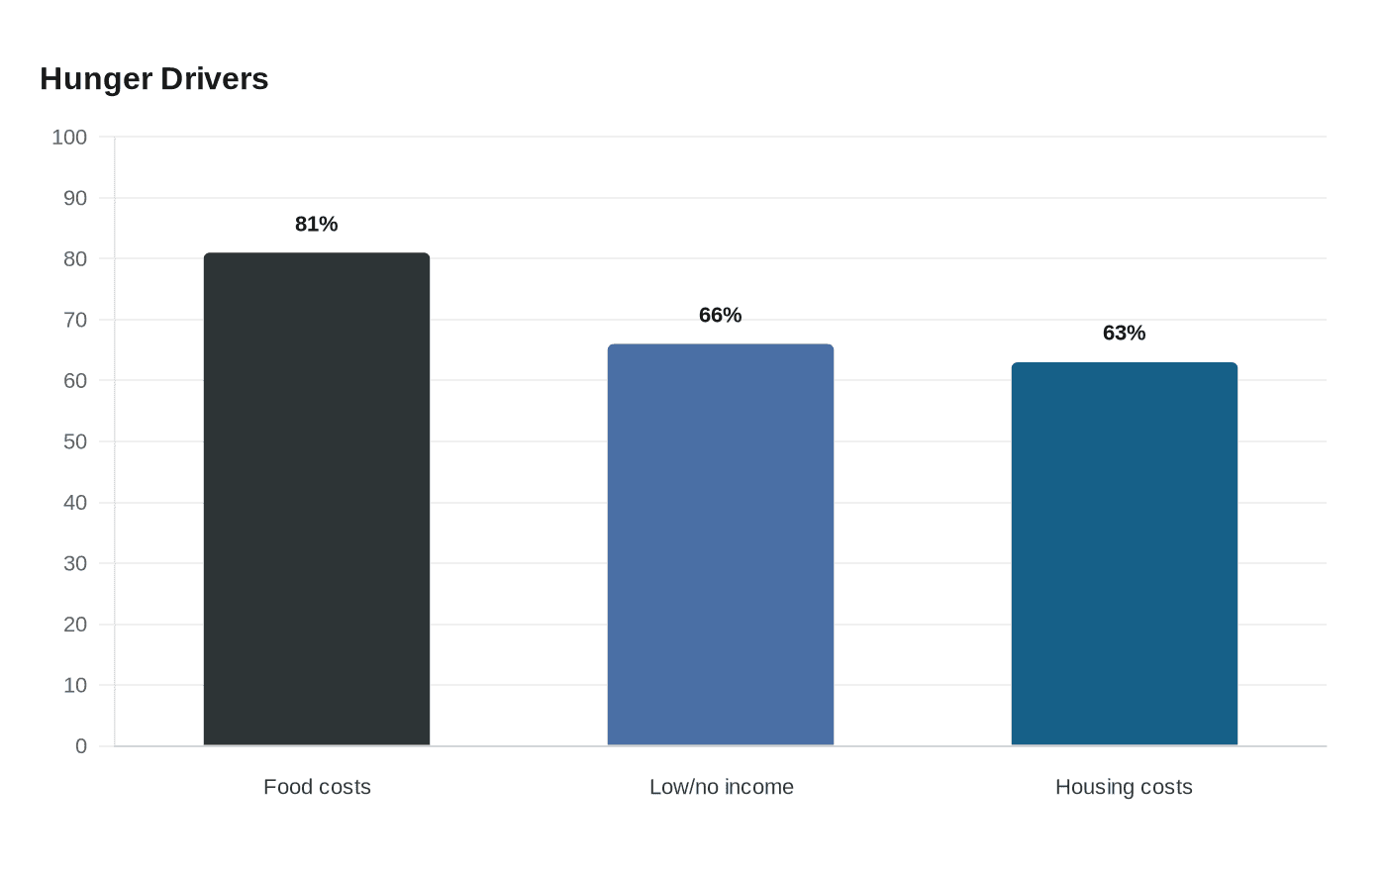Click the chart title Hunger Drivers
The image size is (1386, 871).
154,79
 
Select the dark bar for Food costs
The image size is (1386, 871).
317,499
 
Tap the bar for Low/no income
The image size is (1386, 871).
721,545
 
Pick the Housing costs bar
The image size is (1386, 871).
1125,554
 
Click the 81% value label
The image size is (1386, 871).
316,224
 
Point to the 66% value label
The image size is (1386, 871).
721,315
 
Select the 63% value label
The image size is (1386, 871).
1125,333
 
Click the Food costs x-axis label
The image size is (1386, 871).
317,787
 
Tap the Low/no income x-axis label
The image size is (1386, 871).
721,787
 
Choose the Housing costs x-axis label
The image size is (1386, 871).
1124,787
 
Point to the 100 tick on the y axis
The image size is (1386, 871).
69,138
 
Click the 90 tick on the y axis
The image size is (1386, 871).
75,198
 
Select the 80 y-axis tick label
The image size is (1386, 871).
75,259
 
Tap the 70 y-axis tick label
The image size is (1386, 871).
75,320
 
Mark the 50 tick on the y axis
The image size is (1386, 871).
75,441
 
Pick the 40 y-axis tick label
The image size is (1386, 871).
75,503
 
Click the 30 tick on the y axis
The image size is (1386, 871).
75,563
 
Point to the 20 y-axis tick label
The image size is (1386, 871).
75,625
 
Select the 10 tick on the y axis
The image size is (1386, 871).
75,685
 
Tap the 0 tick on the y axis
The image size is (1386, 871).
81,746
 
